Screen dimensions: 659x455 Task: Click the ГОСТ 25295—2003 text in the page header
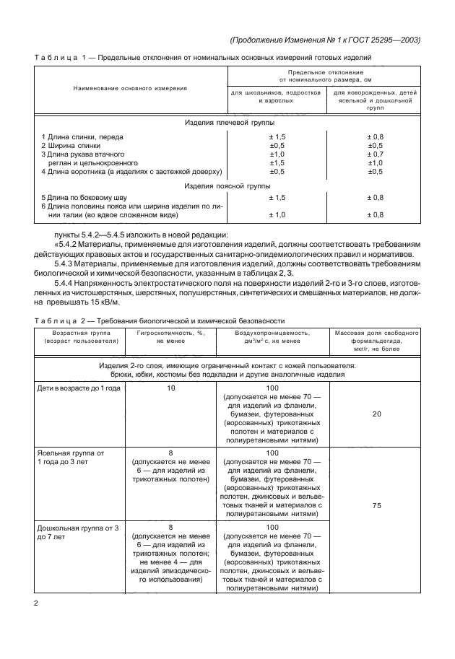pyautogui.click(x=388, y=40)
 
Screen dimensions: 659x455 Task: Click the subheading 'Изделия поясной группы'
pyautogui.click(x=225, y=186)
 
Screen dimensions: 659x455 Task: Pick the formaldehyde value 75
pyautogui.click(x=376, y=506)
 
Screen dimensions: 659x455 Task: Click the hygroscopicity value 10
pyautogui.click(x=170, y=388)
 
